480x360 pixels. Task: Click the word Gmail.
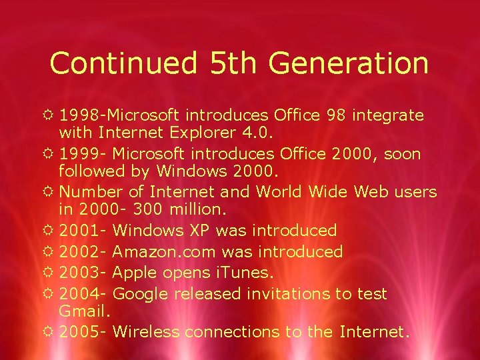(83, 311)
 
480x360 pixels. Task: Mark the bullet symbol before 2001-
(51, 231)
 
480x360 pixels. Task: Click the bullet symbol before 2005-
(51, 331)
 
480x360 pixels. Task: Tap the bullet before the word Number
(51, 192)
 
